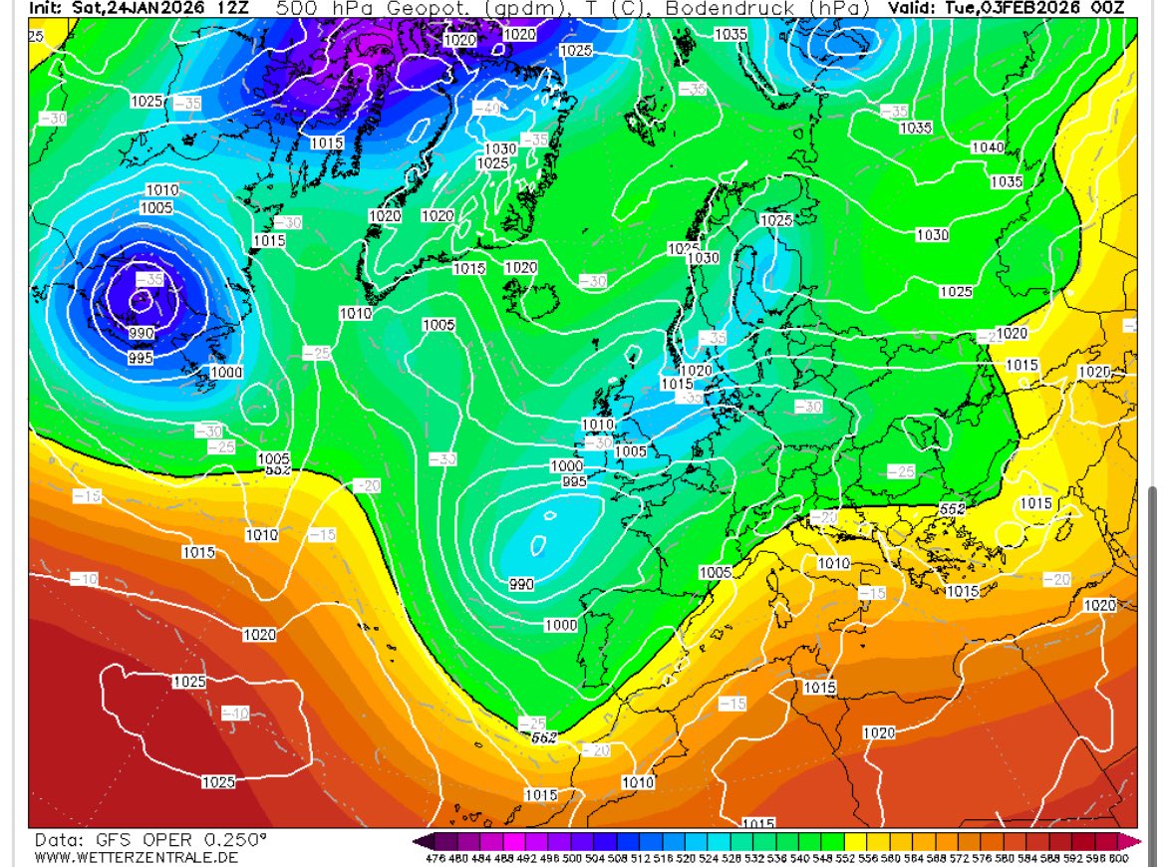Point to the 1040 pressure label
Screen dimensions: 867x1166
[987, 147]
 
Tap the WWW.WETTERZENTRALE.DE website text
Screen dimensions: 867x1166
[136, 857]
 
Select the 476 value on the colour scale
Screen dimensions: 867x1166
[434, 857]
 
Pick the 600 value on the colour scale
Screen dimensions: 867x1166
[1118, 857]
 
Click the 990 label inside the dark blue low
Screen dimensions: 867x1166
[142, 333]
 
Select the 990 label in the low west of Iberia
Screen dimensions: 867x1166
[521, 584]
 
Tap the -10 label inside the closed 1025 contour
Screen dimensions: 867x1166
[235, 713]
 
